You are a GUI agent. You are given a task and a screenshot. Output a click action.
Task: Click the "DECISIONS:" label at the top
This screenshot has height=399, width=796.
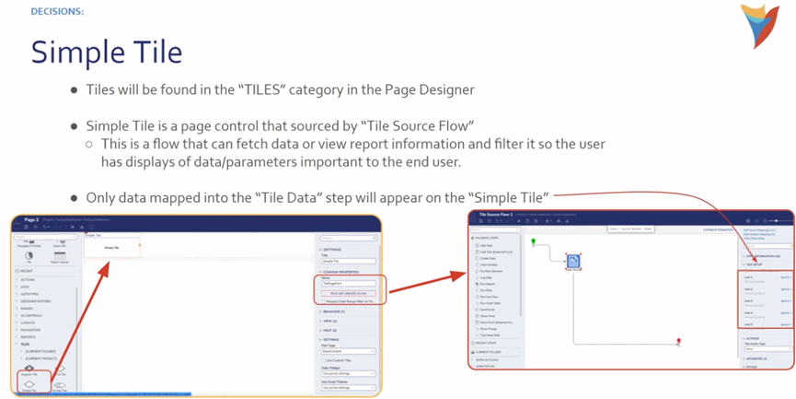(x=57, y=11)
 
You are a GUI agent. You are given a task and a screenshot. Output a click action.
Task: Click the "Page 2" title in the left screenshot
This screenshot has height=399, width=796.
(x=31, y=220)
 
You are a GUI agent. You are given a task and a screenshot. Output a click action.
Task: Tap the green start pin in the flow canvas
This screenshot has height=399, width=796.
(x=534, y=241)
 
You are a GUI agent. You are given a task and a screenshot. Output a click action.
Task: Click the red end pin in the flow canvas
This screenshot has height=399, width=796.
(x=678, y=342)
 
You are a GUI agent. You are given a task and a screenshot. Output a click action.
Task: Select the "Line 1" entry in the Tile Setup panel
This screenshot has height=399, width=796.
(x=748, y=277)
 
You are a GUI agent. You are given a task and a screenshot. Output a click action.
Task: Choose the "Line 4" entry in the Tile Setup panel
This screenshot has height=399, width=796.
(x=748, y=312)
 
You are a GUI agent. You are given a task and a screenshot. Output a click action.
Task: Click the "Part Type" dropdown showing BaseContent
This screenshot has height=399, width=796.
(x=348, y=351)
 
